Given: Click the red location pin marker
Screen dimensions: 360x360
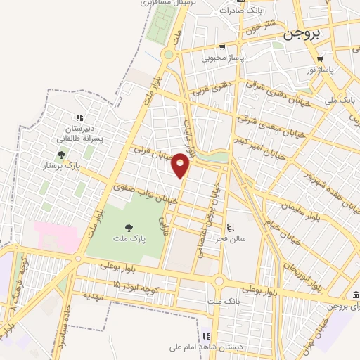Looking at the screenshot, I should [181, 165].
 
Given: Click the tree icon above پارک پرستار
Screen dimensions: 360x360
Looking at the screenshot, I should [61, 155].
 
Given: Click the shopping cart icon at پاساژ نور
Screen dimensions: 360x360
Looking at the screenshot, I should [320, 59].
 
